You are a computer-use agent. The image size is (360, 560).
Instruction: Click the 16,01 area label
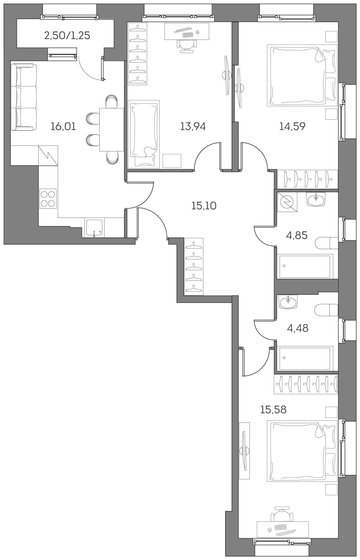[x=63, y=127]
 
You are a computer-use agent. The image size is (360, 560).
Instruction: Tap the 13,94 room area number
[x=193, y=127]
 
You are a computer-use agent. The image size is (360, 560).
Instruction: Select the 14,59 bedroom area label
[x=292, y=127]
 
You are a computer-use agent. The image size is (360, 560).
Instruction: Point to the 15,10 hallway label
[x=203, y=206]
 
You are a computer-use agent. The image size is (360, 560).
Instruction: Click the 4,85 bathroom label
[x=297, y=236]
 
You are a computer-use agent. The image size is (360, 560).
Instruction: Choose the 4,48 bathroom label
[x=298, y=328]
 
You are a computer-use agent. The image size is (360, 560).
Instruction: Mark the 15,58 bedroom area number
[x=273, y=409]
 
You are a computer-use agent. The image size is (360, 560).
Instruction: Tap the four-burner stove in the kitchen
[x=48, y=199]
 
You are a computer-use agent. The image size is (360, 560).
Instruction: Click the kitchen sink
[x=95, y=228]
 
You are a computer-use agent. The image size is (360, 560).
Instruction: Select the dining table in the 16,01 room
[x=112, y=129]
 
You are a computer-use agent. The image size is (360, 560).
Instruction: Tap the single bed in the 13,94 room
[x=144, y=134]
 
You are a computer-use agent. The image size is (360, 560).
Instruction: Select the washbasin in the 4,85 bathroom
[x=316, y=199]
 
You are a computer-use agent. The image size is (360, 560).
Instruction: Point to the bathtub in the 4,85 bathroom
[x=305, y=266]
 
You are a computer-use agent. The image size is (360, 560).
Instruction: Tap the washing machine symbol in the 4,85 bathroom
[x=286, y=201]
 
